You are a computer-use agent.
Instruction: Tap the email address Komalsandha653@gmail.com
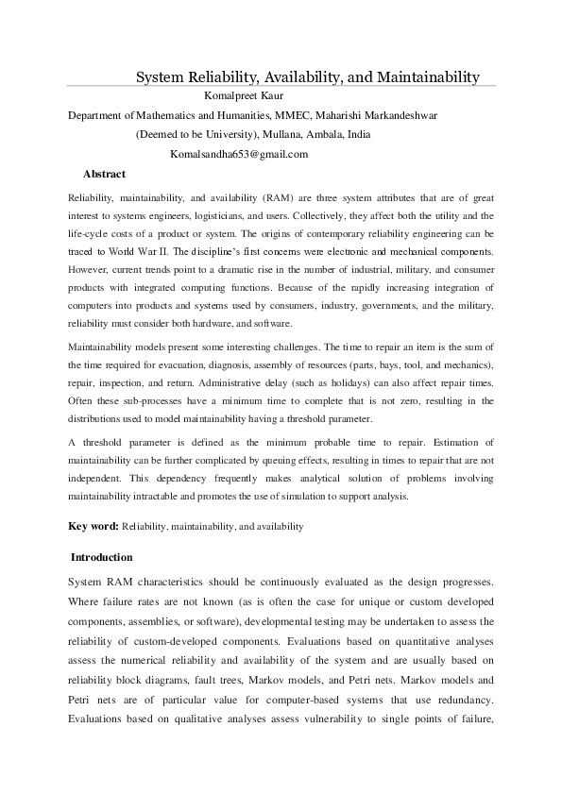point(239,154)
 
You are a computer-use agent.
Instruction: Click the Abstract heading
point(104,174)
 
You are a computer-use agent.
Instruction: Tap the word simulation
point(325,497)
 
